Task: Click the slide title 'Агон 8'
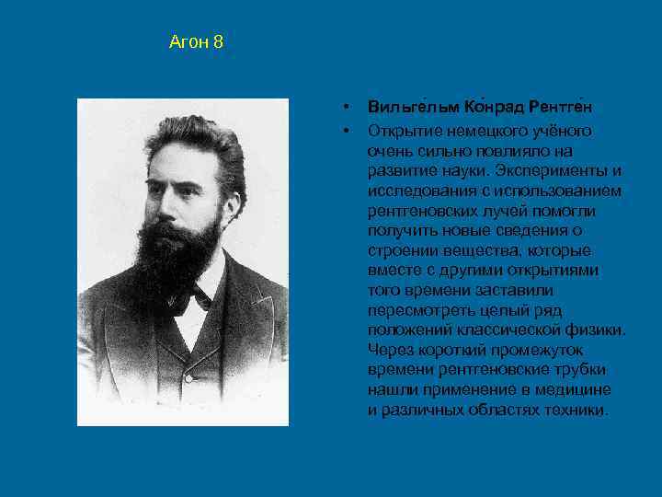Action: pos(196,42)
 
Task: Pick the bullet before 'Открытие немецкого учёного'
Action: pos(344,131)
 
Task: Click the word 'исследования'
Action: pos(415,191)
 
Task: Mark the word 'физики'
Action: pos(600,330)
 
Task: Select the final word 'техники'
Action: pos(576,410)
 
